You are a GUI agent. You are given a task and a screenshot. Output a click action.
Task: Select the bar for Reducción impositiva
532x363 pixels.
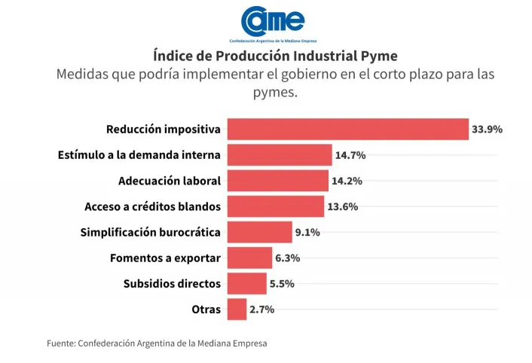coord(347,129)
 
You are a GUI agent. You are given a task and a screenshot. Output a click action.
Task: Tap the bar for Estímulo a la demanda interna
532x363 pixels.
coord(279,155)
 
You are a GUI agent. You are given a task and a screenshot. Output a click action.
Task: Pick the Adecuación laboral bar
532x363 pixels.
coord(277,181)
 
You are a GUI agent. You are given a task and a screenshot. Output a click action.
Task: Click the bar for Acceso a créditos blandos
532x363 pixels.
coord(275,206)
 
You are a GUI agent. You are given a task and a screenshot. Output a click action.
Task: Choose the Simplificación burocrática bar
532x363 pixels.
coord(259,232)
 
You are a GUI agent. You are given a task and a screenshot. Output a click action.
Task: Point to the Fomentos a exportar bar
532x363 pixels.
coord(249,258)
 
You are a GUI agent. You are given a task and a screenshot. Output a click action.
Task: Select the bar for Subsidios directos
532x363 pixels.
coord(246,283)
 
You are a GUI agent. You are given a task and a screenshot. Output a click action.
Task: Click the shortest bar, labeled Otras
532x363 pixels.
coord(237,309)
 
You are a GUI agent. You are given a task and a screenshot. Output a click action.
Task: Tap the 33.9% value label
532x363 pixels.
coord(487,129)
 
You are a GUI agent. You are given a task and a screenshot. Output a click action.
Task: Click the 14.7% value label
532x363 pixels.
coord(350,155)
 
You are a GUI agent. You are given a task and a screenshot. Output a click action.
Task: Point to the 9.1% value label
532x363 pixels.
coord(307,232)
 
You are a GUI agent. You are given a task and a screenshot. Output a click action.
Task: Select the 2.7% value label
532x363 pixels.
coord(262,309)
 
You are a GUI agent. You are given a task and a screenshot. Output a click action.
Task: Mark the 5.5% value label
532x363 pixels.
coord(282,283)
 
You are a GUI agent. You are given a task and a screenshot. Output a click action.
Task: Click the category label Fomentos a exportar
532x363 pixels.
coord(165,258)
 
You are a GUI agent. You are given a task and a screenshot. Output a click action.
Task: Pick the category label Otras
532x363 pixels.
coord(206,309)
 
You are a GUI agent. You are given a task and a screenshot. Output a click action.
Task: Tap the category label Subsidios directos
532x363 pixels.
coord(172,283)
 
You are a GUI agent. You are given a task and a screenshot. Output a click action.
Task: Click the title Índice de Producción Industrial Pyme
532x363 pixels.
coord(265,56)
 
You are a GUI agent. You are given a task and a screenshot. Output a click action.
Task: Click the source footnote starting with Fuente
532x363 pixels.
coord(157,343)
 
